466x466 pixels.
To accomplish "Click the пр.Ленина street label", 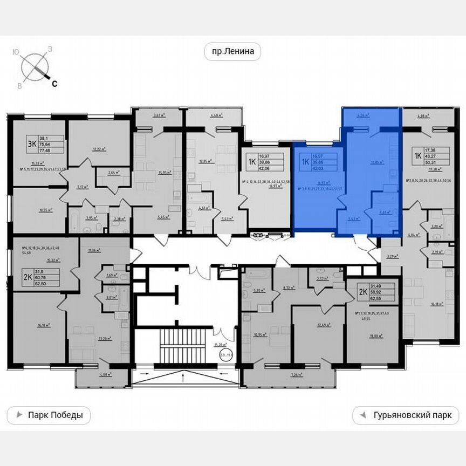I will click(232, 52).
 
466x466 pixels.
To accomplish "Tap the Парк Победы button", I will click(49, 415).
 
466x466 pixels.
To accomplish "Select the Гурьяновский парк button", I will click(405, 415).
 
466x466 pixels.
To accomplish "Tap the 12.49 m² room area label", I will click(322, 325).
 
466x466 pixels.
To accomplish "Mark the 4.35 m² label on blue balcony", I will click(363, 114).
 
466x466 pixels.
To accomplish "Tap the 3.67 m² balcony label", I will click(158, 114).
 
